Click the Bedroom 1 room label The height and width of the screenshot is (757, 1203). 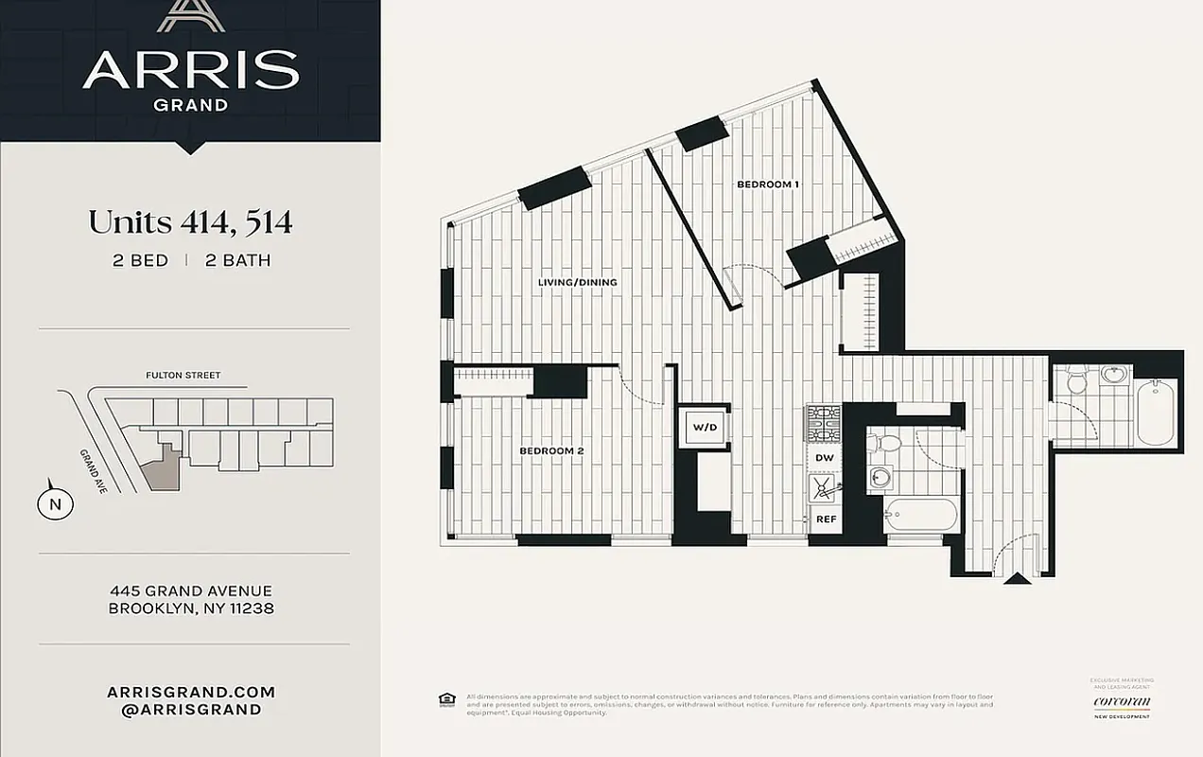pyautogui.click(x=768, y=185)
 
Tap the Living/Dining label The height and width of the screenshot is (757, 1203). pyautogui.click(x=577, y=282)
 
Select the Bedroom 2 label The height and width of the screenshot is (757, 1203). pyautogui.click(x=551, y=451)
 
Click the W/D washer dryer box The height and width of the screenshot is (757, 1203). pyautogui.click(x=706, y=428)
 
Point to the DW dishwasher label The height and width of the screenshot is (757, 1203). pyautogui.click(x=824, y=458)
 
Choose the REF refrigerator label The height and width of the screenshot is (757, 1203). pyautogui.click(x=826, y=519)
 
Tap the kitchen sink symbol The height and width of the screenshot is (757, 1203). pyautogui.click(x=824, y=488)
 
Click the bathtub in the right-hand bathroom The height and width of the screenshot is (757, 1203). pyautogui.click(x=1156, y=412)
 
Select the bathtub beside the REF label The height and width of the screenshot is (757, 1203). pyautogui.click(x=922, y=516)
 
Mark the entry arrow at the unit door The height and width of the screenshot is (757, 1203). pyautogui.click(x=1017, y=577)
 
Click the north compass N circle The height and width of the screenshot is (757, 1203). pyautogui.click(x=55, y=503)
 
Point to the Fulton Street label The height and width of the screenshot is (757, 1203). pyautogui.click(x=183, y=376)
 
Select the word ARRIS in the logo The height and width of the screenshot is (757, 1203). pyautogui.click(x=190, y=70)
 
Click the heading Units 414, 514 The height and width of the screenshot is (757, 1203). pyautogui.click(x=190, y=222)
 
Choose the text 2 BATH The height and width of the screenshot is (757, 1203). pyautogui.click(x=237, y=260)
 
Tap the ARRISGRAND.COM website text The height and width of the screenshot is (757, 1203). pyautogui.click(x=190, y=692)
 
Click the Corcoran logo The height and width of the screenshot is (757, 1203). pyautogui.click(x=1122, y=701)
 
